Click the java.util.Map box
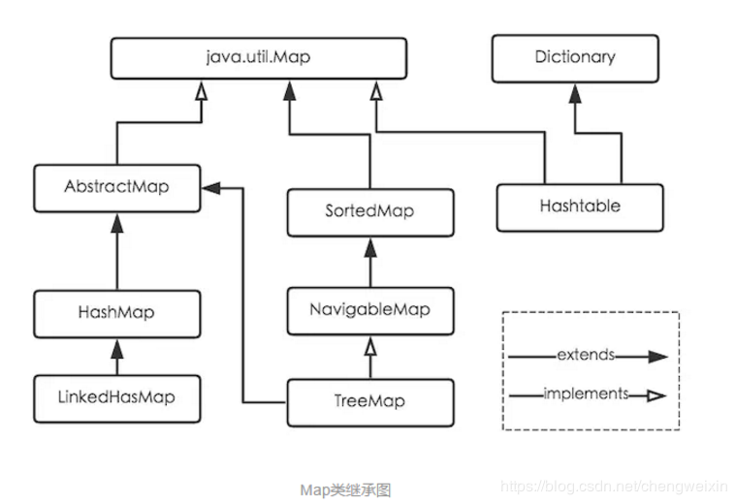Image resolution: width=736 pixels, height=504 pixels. [258, 57]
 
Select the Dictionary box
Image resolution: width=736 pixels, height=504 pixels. [575, 57]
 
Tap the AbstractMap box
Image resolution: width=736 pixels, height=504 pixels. [116, 187]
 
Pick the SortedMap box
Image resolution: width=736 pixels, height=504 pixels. [370, 211]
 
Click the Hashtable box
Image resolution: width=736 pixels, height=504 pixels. [580, 206]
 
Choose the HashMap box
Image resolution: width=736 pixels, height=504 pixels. [116, 313]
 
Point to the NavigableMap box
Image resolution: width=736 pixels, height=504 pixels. [370, 310]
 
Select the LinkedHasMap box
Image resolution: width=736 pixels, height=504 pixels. [116, 397]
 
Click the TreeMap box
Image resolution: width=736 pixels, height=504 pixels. [370, 401]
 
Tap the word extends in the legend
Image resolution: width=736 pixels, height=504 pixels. [585, 356]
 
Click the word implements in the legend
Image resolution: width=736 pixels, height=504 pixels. [585, 394]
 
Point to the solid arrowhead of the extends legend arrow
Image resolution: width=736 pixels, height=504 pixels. [659, 357]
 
